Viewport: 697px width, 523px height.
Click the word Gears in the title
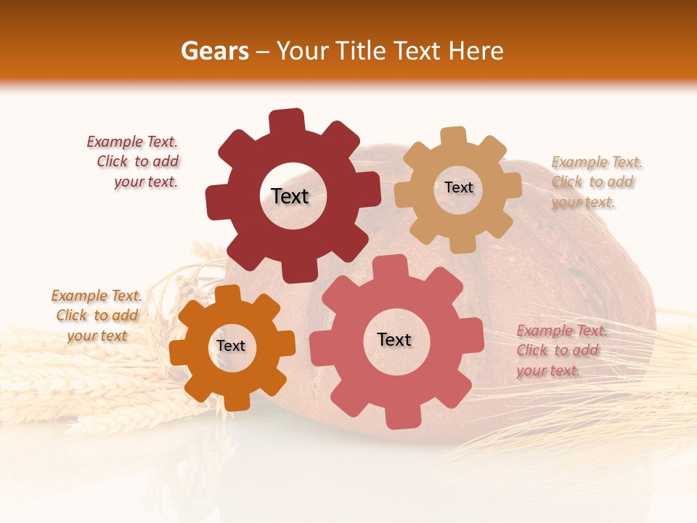[x=214, y=51]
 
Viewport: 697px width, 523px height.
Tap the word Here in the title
[x=476, y=51]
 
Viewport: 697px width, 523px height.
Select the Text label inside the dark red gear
[x=290, y=196]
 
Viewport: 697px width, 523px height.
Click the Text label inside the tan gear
[x=458, y=187]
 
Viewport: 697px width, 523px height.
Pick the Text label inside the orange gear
[x=231, y=346]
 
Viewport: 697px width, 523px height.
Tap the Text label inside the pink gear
[x=394, y=339]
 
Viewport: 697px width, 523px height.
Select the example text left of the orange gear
[x=97, y=315]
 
